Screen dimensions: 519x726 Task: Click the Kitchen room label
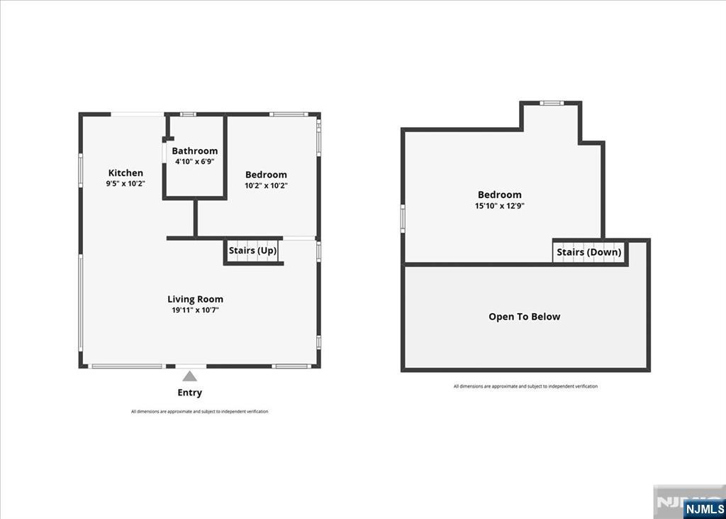click(125, 173)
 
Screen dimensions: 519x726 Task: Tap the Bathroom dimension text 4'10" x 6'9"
click(195, 162)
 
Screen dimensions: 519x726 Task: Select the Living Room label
click(195, 299)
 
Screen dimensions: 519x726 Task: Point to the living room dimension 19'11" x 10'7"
click(195, 310)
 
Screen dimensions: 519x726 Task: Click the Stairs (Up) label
click(252, 251)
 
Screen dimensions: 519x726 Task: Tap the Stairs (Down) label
click(588, 252)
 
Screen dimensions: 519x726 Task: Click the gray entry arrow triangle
click(189, 376)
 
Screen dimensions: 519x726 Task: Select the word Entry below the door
click(189, 393)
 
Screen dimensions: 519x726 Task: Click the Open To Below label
click(524, 317)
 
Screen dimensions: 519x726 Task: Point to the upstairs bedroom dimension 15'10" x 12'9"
click(499, 206)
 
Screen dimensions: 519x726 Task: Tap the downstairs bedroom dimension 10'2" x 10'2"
click(266, 185)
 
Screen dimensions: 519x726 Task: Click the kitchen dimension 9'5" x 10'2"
click(125, 183)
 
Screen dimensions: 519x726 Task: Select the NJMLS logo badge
click(704, 508)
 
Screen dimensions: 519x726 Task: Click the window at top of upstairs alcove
click(551, 103)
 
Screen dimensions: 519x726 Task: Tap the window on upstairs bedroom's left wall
click(403, 217)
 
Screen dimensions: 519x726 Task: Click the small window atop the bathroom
click(187, 114)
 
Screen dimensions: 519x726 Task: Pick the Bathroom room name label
click(195, 151)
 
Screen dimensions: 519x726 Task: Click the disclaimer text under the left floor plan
click(199, 412)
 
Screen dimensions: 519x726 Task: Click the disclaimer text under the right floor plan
click(525, 386)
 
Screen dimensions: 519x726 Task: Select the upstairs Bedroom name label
click(499, 195)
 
